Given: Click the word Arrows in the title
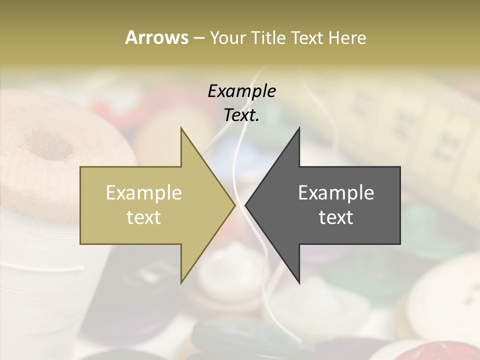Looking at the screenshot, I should [x=156, y=37].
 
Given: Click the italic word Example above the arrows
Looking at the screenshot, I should [x=241, y=91].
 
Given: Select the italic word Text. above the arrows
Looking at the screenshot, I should [x=241, y=115].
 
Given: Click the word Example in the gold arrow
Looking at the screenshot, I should [x=144, y=193].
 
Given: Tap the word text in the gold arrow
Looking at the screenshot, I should [x=144, y=217].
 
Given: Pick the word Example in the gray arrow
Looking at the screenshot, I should [x=336, y=193].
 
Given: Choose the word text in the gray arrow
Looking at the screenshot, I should [x=336, y=217].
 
